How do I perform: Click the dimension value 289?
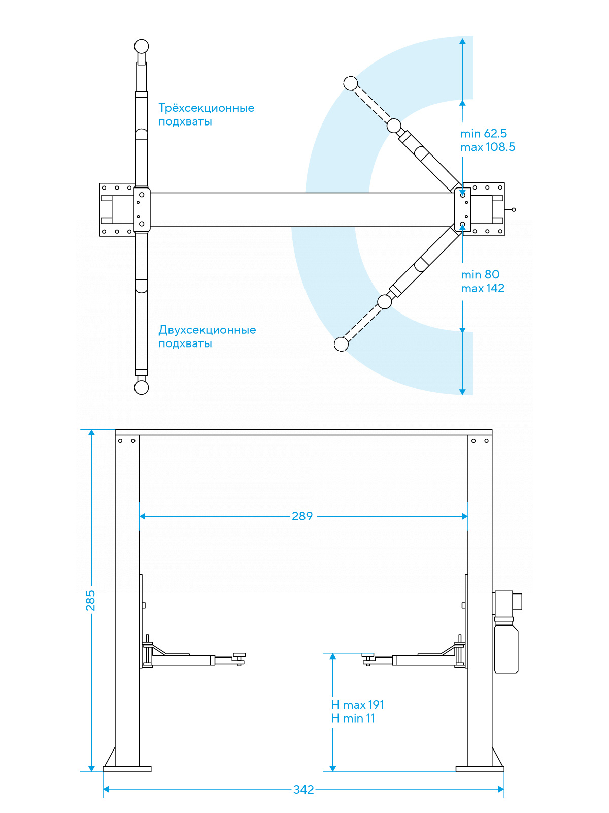pos(302,516)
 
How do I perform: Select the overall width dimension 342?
pos(303,790)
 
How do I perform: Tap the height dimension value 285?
pos(90,600)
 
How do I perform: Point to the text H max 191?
pos(358,705)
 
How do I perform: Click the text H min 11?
pos(353,718)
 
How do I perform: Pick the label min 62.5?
pos(484,134)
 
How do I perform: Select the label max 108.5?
pos(488,147)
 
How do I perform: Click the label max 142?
pos(483,289)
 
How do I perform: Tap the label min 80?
pos(480,275)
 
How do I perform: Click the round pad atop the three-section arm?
pos(142,47)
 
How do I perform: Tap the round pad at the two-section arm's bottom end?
pos(142,387)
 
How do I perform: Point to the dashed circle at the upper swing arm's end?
pos(351,83)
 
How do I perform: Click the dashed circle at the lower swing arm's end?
pos(342,344)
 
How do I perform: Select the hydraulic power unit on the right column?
pos(506,633)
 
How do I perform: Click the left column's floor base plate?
pos(127,769)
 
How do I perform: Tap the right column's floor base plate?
pos(480,769)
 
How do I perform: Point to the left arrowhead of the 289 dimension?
pos(143,516)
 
